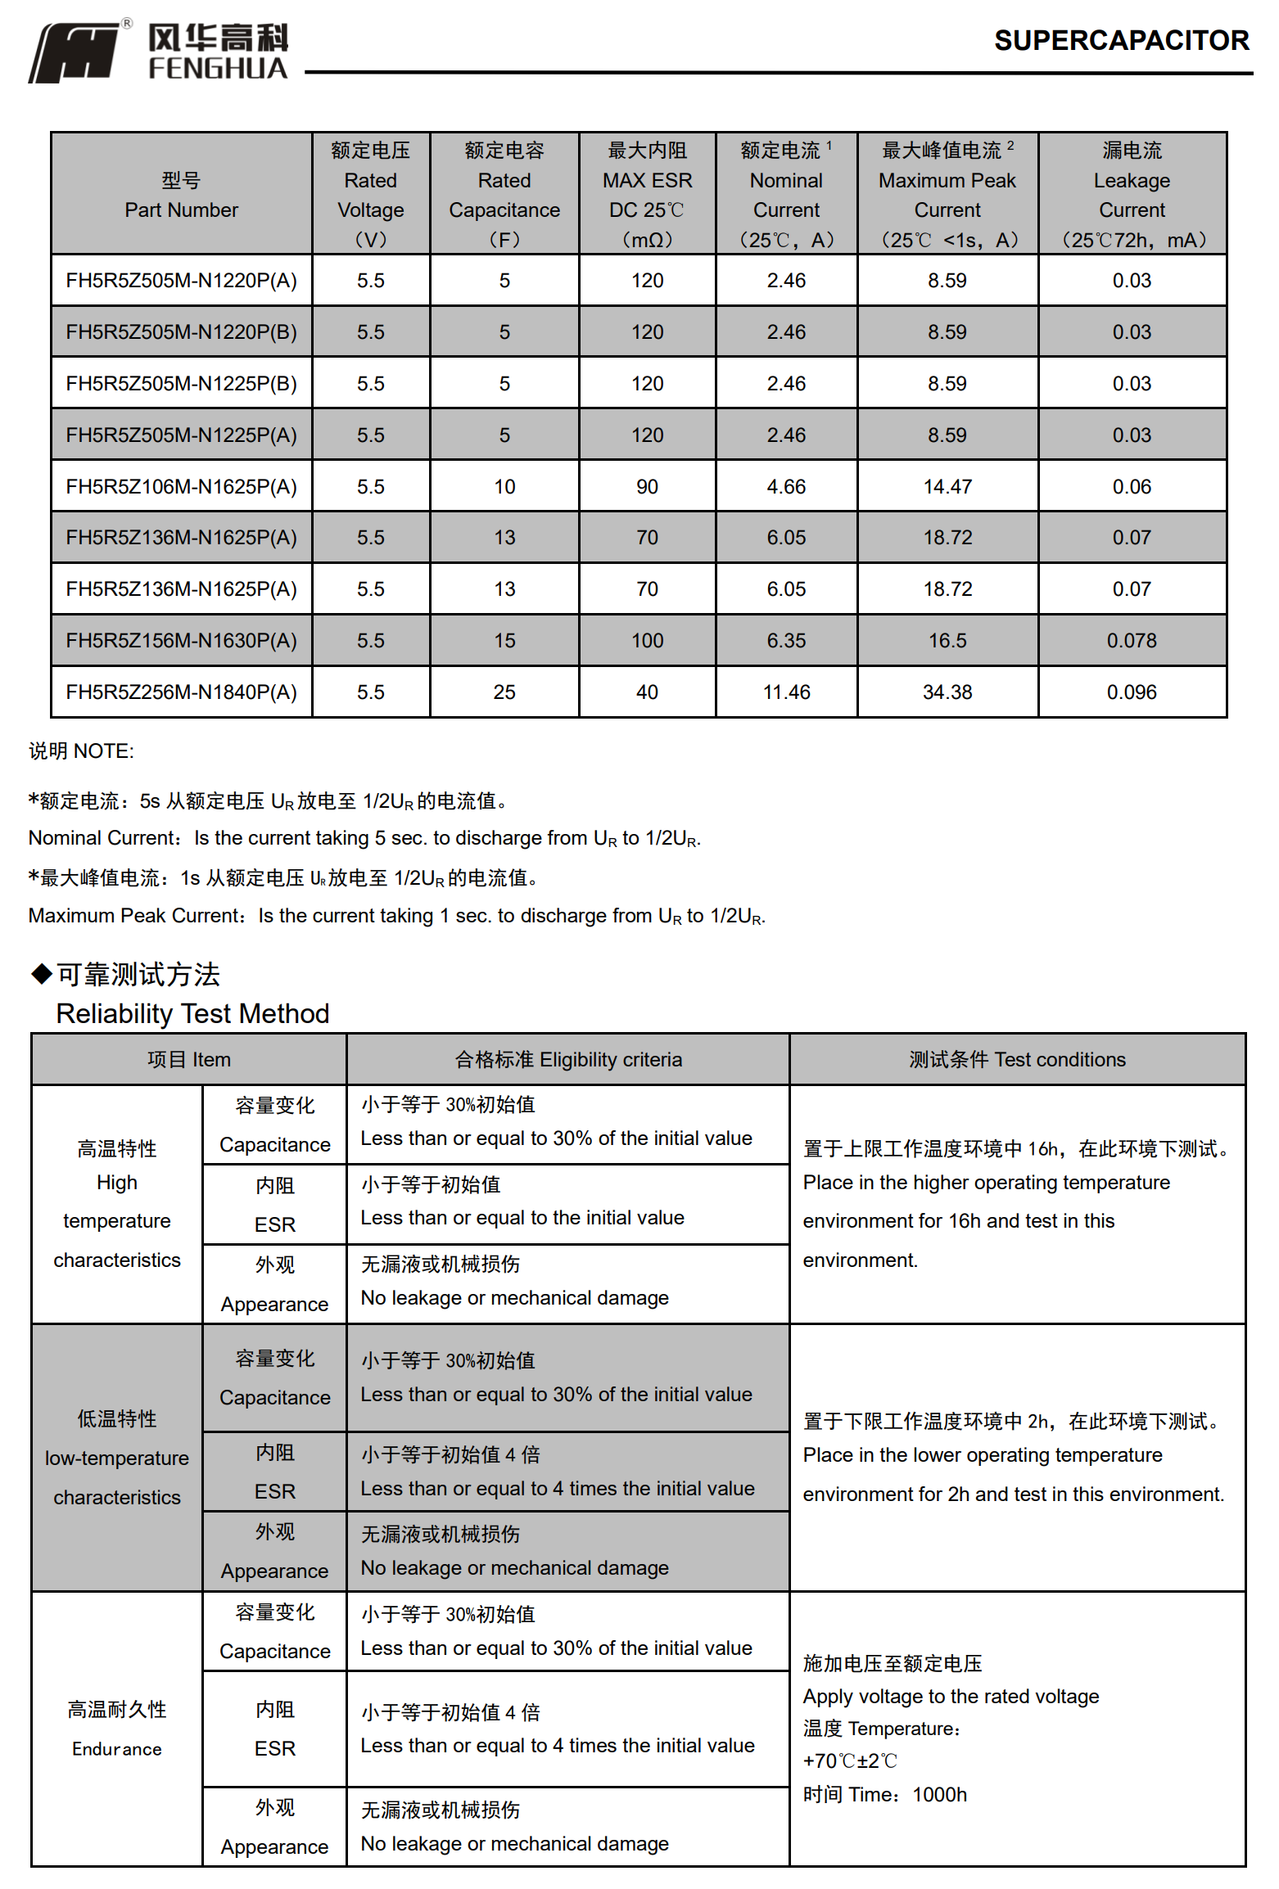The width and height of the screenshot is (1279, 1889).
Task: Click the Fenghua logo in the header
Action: click(x=159, y=51)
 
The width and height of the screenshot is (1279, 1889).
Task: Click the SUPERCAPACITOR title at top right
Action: click(x=1121, y=40)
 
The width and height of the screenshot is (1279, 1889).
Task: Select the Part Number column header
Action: click(x=181, y=195)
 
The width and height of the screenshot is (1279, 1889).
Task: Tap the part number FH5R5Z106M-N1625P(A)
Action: click(x=181, y=487)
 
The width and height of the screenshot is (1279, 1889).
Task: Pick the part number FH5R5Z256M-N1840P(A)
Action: click(x=181, y=692)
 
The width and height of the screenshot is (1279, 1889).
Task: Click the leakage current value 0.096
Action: click(x=1131, y=692)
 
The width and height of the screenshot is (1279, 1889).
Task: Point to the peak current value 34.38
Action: click(x=947, y=692)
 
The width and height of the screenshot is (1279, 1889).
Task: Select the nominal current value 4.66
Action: click(x=785, y=487)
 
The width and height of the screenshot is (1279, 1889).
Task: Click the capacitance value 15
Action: click(x=504, y=641)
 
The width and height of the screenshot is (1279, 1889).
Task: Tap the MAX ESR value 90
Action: click(x=647, y=487)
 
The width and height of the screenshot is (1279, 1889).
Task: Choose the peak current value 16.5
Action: click(x=947, y=641)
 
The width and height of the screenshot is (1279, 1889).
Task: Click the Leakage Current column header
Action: click(x=1131, y=195)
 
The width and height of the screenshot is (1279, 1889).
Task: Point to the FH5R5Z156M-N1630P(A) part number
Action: click(x=181, y=641)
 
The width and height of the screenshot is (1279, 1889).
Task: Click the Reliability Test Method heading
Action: click(x=192, y=1013)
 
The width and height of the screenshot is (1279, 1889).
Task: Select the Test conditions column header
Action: click(x=1016, y=1059)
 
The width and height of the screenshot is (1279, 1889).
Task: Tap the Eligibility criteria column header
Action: click(x=567, y=1059)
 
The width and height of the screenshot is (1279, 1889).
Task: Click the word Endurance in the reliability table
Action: click(x=116, y=1749)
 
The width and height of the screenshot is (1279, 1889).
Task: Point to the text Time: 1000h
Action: click(x=884, y=1795)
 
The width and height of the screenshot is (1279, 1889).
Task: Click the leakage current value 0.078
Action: click(x=1131, y=641)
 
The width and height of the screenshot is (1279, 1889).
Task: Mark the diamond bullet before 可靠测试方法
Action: click(x=41, y=974)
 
